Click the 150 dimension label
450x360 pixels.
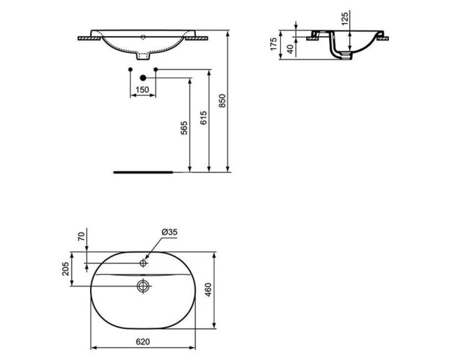pyautogui.click(x=143, y=89)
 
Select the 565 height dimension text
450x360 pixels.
pyautogui.click(x=184, y=128)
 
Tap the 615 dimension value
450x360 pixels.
pyautogui.click(x=204, y=119)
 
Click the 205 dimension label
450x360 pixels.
pyautogui.click(x=66, y=269)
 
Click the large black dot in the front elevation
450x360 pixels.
pyautogui.click(x=143, y=78)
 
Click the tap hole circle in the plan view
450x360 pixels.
pyautogui.click(x=143, y=264)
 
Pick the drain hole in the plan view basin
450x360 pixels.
pyautogui.click(x=143, y=286)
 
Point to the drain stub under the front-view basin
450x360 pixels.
pyautogui.click(x=143, y=55)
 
